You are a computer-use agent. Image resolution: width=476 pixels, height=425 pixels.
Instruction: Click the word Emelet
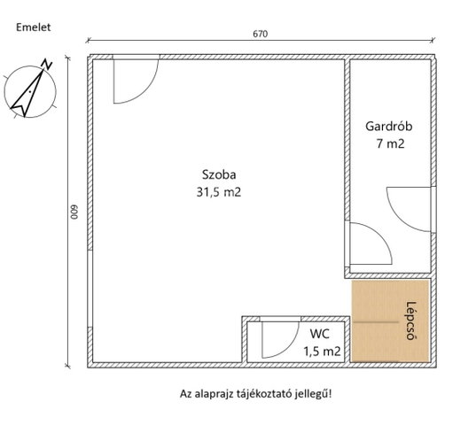pyautogui.click(x=34, y=27)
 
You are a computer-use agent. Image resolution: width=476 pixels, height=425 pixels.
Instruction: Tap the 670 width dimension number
pyautogui.click(x=261, y=34)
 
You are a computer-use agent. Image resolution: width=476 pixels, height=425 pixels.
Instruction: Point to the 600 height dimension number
pyautogui.click(x=74, y=212)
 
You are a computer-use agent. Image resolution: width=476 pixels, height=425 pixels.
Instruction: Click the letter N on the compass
pyautogui.click(x=47, y=64)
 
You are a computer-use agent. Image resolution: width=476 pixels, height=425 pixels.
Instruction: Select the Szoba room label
pyautogui.click(x=219, y=175)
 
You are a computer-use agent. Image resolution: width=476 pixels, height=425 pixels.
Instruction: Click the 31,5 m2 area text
pyautogui.click(x=219, y=192)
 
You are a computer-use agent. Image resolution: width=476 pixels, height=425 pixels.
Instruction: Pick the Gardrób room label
pyautogui.click(x=388, y=126)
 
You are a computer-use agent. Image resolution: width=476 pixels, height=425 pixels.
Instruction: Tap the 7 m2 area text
pyautogui.click(x=390, y=143)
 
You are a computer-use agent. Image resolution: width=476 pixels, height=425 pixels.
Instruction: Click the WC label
pyautogui.click(x=320, y=334)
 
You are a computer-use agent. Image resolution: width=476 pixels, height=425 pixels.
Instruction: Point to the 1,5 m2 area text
pyautogui.click(x=322, y=352)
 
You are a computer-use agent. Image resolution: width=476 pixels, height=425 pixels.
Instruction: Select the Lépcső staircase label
pyautogui.click(x=410, y=321)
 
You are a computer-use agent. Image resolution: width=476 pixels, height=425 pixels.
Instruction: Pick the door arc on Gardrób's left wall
pyautogui.click(x=383, y=236)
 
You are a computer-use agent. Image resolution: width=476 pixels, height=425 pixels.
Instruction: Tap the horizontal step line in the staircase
pyautogui.click(x=376, y=322)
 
